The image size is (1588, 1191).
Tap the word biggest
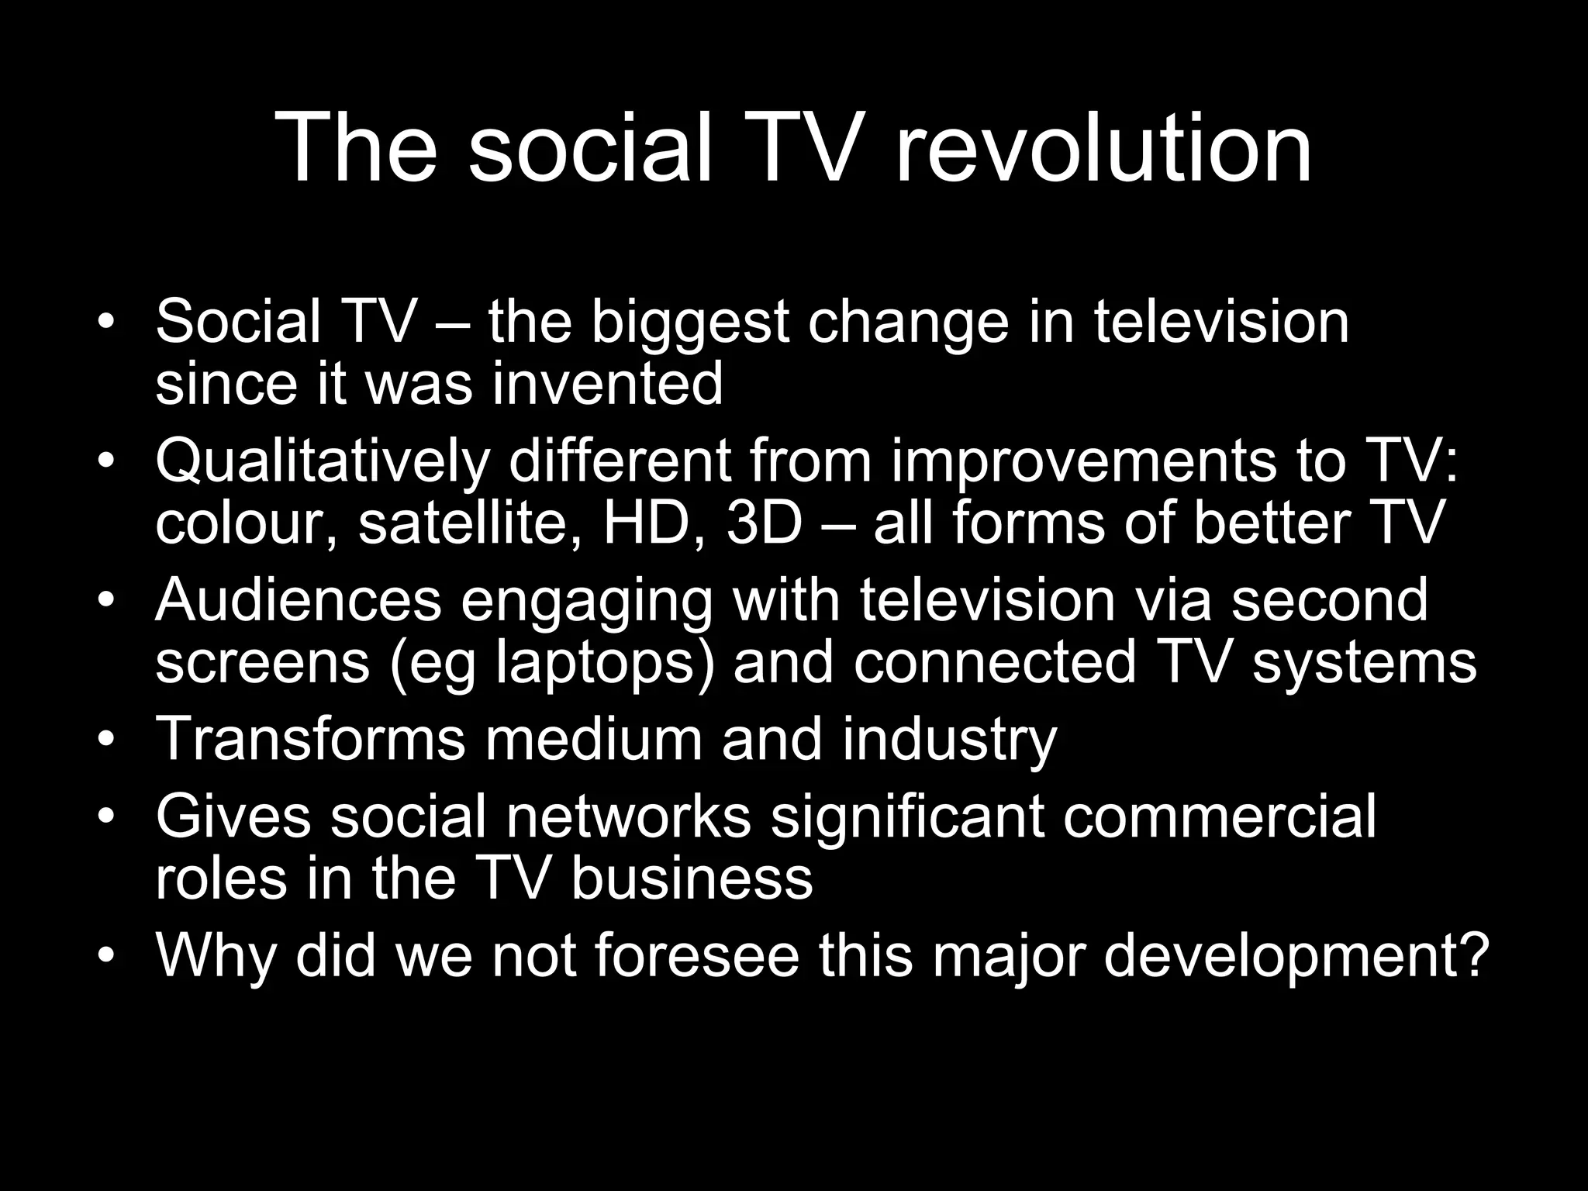pos(689,323)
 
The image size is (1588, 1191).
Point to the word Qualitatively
pos(323,463)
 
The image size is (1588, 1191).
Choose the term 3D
pos(764,523)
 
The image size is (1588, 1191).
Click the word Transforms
pos(310,738)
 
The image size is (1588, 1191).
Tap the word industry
pos(949,740)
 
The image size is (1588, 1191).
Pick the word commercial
pos(1219,816)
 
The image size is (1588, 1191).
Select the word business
pos(692,878)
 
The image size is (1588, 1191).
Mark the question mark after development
pos(1474,955)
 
